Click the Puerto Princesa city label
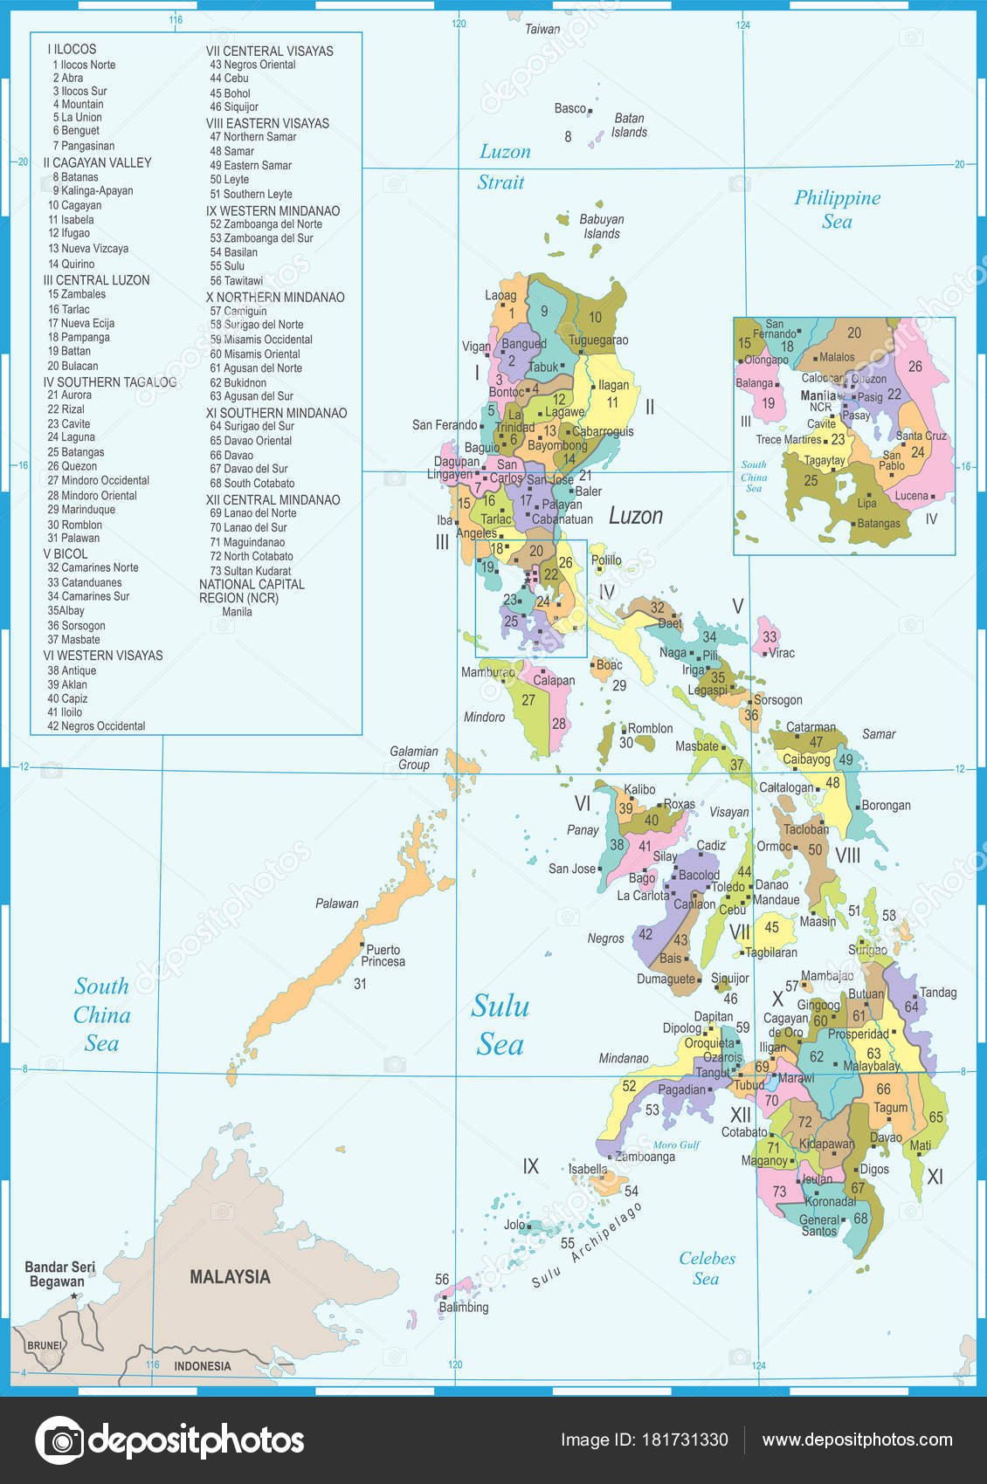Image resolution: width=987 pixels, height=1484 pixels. (383, 955)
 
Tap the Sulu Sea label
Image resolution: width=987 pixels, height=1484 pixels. (500, 1025)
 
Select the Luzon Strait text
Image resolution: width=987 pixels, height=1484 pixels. (503, 167)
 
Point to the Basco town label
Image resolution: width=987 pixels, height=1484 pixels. (569, 108)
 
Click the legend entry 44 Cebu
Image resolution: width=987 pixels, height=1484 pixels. (229, 79)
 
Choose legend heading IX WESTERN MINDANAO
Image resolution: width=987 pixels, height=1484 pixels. (273, 210)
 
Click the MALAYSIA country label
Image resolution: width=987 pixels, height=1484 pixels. (230, 1276)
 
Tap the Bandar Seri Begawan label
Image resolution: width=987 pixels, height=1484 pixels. (59, 1274)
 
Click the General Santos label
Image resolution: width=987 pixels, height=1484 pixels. (818, 1226)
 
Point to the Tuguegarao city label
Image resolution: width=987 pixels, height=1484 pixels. (598, 340)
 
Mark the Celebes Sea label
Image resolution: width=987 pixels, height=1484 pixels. (707, 1268)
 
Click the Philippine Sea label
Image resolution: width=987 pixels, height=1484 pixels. (837, 210)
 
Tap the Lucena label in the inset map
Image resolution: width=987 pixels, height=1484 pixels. (911, 496)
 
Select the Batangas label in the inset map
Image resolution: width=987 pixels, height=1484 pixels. (879, 524)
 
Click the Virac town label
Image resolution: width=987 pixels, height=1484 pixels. (781, 653)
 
